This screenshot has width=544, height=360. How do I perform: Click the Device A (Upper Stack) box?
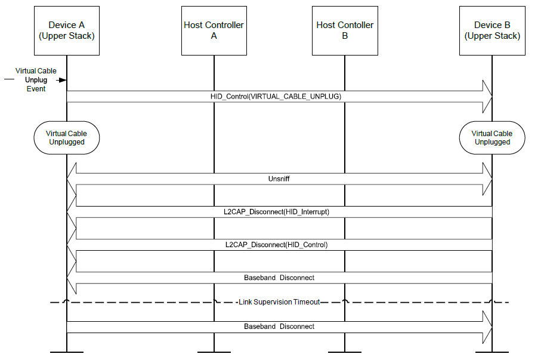coord(67,30)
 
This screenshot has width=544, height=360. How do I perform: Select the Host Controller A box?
coord(214,30)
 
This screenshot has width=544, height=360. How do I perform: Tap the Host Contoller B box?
coord(345,30)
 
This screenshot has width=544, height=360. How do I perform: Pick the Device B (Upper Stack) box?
coord(492,30)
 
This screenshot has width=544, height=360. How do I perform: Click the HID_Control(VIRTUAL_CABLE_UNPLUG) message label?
coord(276,96)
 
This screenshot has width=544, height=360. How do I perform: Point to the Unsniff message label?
coord(279,179)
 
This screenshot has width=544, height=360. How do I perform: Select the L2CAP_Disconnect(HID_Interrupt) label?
coord(279,212)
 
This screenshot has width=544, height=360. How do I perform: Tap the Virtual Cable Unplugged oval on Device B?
coord(492,138)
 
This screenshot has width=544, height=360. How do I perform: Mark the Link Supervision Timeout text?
coord(279,302)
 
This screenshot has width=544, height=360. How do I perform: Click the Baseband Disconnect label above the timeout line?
coord(279,278)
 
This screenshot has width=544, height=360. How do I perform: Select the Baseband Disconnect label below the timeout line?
coord(279,327)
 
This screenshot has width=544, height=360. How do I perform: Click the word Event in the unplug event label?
coord(36,88)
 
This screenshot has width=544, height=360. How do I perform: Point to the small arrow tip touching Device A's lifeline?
coord(63,79)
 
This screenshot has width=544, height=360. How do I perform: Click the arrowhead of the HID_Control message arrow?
coord(487,96)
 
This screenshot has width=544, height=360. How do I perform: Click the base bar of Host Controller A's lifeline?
coord(214,352)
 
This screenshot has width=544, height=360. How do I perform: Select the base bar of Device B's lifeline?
coord(492,352)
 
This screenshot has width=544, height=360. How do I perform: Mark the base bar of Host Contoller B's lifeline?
coord(345,352)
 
